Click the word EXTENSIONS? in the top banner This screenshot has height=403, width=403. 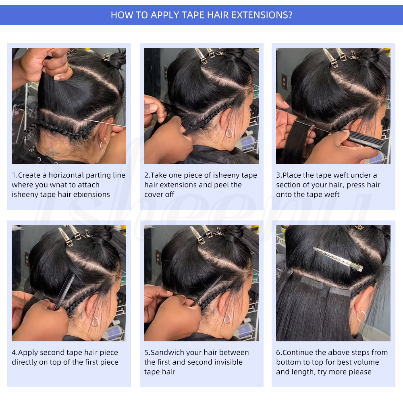click(x=262, y=15)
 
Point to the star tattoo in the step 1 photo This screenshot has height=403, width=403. click(x=51, y=151)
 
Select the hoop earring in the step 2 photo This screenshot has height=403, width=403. click(x=229, y=132)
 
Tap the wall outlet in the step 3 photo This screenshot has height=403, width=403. click(x=284, y=82)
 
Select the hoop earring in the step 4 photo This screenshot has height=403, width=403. click(x=95, y=321)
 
